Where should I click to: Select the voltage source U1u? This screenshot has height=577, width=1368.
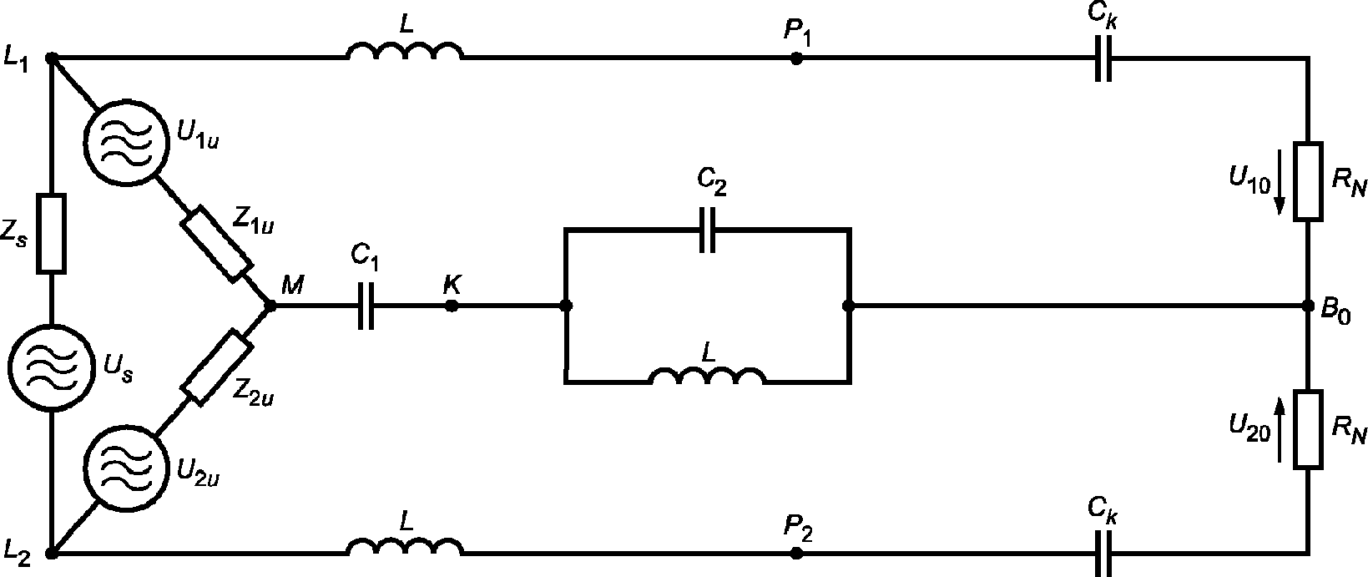(126, 141)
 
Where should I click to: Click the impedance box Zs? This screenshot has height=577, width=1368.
(52, 233)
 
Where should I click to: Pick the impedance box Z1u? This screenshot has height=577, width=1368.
(216, 244)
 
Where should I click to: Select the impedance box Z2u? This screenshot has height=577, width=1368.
(217, 367)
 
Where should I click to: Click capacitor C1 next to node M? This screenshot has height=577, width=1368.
(366, 306)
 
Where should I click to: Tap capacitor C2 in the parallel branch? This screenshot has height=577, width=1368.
(707, 230)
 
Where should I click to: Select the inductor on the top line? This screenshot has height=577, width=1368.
(405, 51)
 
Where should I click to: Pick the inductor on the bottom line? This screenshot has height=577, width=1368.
(405, 546)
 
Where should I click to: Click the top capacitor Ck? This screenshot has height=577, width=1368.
(1103, 58)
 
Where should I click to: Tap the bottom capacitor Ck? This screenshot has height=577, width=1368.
(1103, 553)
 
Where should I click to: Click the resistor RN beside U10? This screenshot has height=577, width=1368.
(1308, 181)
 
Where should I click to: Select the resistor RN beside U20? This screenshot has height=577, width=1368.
(1308, 429)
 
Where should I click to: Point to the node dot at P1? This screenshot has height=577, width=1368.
(796, 58)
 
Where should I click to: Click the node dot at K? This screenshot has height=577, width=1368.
(452, 306)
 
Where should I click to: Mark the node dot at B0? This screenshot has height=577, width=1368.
(1308, 306)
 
